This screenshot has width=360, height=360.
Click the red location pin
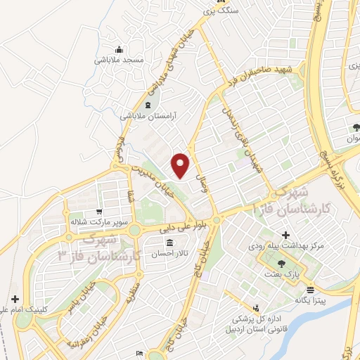pos(181,165)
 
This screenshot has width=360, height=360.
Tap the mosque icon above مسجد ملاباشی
pos(119,49)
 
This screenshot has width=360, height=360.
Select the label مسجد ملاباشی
pos(119,60)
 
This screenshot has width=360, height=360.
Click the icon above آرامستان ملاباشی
pos(146,105)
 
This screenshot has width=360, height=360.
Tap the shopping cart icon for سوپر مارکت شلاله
pos(99,210)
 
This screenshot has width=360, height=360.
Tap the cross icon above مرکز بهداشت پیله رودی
pos(285,235)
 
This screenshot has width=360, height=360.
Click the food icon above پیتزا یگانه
pos(311,289)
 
